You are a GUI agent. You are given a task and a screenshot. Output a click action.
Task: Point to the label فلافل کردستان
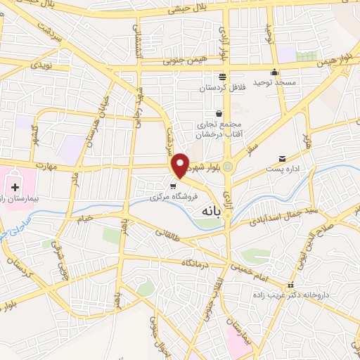click(222, 87)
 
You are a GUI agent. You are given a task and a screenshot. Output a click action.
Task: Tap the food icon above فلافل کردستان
click(222, 77)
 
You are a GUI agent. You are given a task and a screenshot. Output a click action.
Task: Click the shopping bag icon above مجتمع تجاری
click(219, 113)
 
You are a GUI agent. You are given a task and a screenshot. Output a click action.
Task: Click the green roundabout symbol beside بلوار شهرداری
click(227, 167)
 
